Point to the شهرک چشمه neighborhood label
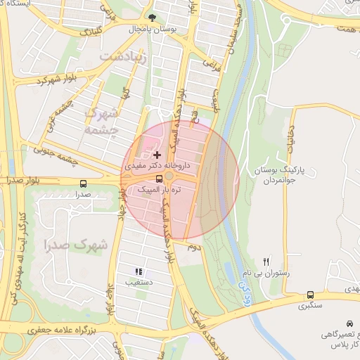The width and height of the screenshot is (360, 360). [x=103, y=120]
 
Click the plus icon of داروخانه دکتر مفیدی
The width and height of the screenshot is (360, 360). [x=157, y=154]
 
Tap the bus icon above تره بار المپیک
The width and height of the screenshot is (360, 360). [x=158, y=179]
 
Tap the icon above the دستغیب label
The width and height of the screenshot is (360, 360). [x=139, y=271]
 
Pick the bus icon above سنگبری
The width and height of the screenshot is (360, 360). [x=311, y=295]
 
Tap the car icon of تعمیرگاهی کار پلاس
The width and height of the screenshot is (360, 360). [x=350, y=323]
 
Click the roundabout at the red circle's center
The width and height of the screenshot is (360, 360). [x=170, y=176]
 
